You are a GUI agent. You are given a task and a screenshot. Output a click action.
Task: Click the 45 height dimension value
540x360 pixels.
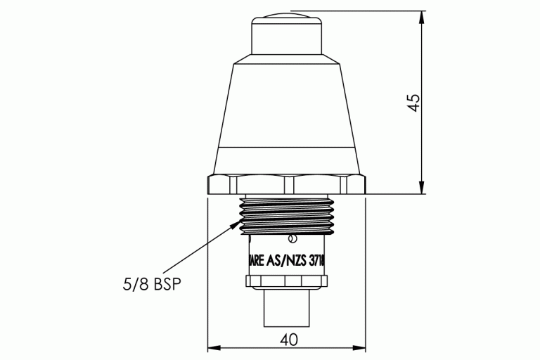coord(415,102)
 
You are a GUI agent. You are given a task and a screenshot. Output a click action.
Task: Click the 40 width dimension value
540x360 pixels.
coord(288,339)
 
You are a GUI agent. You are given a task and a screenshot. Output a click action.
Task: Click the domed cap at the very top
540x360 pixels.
coord(287,17)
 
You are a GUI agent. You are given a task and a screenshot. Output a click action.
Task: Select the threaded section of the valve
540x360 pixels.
coord(287,213)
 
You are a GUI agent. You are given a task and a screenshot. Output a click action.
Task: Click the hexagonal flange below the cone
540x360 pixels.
coord(287,184)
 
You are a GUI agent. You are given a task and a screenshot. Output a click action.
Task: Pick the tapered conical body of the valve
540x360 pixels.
coord(287,105)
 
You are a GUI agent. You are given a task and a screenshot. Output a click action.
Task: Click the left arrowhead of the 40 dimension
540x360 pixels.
coord(213,347)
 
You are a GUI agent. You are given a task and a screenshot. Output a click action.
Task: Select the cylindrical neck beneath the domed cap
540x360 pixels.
coord(287,42)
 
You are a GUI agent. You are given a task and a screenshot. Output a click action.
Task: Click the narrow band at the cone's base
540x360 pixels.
coord(287,160)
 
